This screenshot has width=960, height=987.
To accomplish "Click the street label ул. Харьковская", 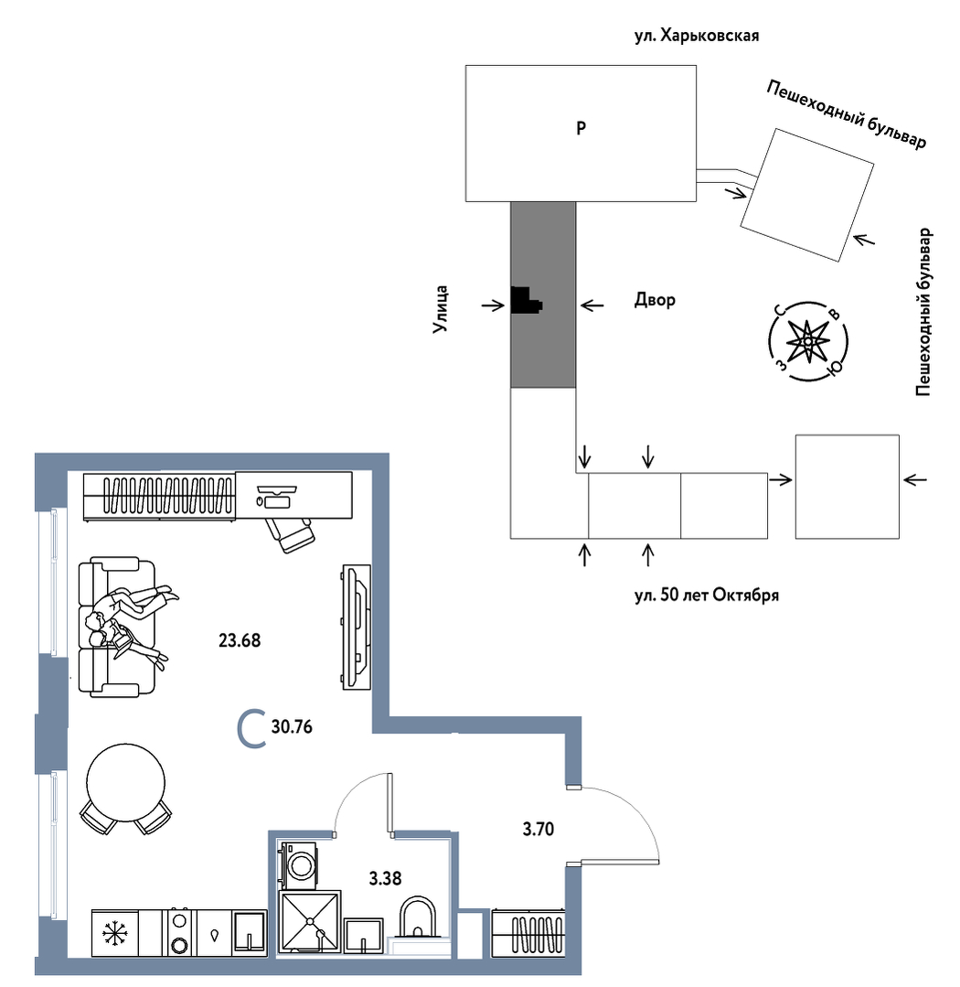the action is [697, 36].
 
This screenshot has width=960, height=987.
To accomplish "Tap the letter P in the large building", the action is [581, 128].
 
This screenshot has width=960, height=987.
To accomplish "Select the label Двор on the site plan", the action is [655, 300].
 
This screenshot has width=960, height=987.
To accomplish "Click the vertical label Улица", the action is [441, 308].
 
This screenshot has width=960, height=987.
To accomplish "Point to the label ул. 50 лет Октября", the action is [707, 595].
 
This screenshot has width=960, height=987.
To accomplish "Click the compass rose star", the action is [807, 341].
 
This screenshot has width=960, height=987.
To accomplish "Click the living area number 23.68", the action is [239, 640].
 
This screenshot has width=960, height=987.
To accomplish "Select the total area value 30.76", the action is [292, 726].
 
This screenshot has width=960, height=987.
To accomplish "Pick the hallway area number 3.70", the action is [538, 829].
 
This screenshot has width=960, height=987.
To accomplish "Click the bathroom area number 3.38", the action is [384, 878].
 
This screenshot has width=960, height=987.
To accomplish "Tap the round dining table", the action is [126, 783].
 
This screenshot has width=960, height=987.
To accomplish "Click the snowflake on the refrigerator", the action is [114, 933].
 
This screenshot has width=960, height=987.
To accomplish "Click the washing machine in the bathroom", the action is [297, 865].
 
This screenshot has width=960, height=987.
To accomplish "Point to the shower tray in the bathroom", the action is [310, 921].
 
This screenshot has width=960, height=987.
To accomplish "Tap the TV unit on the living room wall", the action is [356, 627].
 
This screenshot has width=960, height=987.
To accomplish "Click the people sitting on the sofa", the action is [131, 623].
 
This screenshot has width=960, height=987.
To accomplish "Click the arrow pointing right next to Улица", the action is [493, 306].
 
